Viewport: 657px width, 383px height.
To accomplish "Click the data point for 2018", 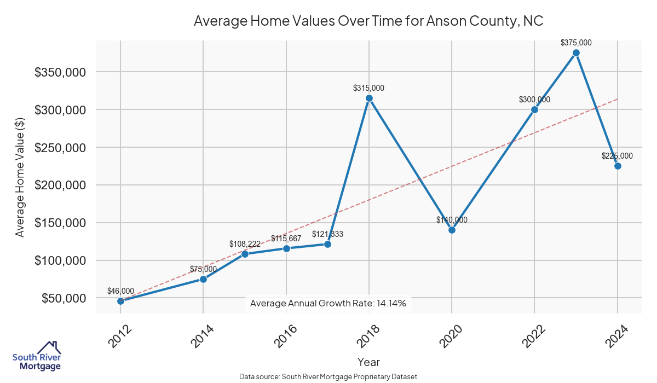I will (x=369, y=98).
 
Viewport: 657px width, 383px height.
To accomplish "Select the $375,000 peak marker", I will (x=576, y=53).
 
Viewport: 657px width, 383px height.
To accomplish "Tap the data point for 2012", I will (x=120, y=301).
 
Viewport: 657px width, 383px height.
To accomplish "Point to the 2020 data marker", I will (x=452, y=230).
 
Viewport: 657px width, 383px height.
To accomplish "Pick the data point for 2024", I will (x=618, y=166).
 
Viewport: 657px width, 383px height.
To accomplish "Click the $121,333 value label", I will (x=327, y=234).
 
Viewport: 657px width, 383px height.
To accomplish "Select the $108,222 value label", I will (x=245, y=244).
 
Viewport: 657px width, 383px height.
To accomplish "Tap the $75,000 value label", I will (x=203, y=269).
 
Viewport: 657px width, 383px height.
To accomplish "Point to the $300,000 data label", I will (x=534, y=100).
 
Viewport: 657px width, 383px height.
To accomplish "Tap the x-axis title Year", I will (x=368, y=362).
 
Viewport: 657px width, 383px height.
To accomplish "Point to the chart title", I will (x=368, y=21).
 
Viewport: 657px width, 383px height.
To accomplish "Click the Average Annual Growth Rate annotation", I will (x=328, y=303).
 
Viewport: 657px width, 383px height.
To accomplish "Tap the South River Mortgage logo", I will (x=37, y=356).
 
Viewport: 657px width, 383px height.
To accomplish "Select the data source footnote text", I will (x=328, y=376).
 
